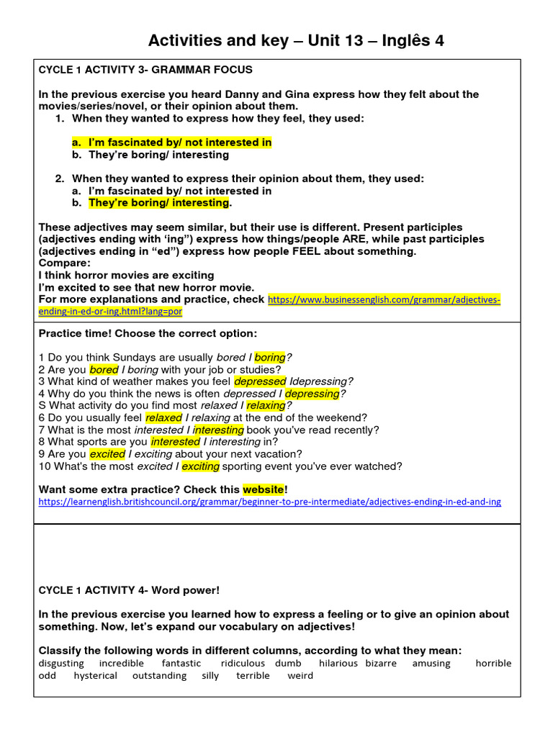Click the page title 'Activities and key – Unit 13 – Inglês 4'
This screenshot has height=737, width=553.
[296, 40]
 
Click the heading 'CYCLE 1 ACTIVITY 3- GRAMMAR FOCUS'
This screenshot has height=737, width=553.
[145, 70]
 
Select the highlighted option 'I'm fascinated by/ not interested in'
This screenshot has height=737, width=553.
[180, 143]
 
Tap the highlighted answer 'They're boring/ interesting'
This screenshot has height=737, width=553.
[158, 203]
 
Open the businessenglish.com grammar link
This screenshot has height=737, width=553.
[384, 299]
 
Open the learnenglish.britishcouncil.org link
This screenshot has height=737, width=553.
[269, 501]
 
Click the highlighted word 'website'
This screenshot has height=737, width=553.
[263, 489]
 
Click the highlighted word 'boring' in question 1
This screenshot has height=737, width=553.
[270, 357]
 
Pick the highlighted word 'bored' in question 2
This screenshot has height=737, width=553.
[104, 369]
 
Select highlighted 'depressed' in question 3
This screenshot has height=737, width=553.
[260, 381]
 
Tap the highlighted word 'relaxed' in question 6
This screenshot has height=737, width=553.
[163, 417]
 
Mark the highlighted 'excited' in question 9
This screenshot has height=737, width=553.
[107, 454]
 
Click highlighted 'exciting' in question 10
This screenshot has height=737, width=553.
[200, 466]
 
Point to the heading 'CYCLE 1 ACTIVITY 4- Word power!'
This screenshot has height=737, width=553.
[129, 590]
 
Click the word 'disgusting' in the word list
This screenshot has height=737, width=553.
[60, 663]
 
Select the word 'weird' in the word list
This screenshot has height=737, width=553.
[300, 676]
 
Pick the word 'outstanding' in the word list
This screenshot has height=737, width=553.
[159, 676]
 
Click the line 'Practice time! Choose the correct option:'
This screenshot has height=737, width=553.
[147, 334]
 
